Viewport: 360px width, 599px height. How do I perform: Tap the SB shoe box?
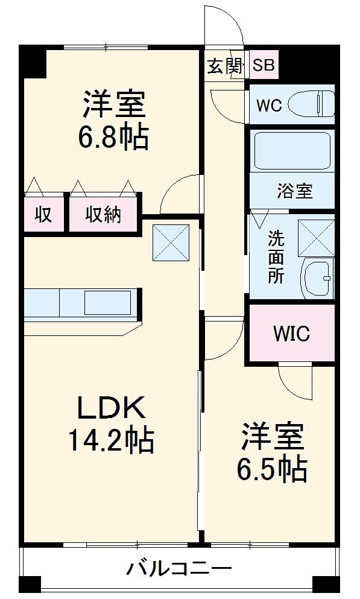point(264,65)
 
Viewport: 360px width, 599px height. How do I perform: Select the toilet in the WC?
point(311,104)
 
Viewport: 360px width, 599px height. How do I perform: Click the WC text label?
point(269,106)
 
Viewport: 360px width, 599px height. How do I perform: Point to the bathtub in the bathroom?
point(292,151)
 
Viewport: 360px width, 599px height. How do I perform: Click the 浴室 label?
point(294,191)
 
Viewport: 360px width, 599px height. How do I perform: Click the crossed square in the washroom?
point(316,238)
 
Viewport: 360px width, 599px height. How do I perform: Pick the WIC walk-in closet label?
point(292,334)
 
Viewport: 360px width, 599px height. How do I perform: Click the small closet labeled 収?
point(44,214)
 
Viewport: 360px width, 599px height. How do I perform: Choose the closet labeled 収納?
point(103,214)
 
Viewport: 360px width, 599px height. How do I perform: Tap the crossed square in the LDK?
point(171,243)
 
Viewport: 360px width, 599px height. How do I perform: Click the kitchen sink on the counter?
point(108,303)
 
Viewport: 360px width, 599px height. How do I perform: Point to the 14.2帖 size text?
point(111,441)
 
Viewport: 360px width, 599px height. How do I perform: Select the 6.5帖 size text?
point(272,469)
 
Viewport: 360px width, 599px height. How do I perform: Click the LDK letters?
point(112,408)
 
